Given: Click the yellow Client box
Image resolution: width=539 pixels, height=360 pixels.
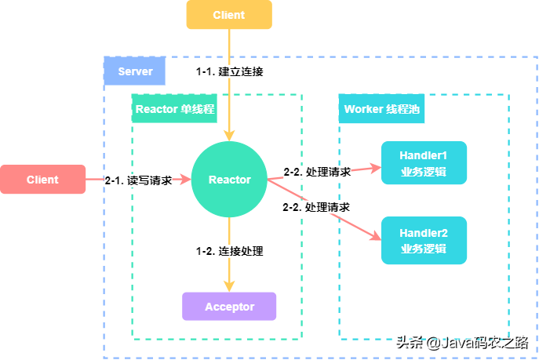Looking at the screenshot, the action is tap(229, 14).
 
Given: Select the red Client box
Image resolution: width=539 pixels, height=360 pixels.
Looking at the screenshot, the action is tap(42, 180).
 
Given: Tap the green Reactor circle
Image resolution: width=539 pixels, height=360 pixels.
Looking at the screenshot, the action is tap(229, 180).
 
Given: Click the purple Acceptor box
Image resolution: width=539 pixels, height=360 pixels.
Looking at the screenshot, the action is tap(229, 307).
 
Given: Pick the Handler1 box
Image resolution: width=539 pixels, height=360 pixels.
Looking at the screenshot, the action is tap(424, 163).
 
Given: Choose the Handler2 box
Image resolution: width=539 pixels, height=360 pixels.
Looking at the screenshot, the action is tap(424, 241).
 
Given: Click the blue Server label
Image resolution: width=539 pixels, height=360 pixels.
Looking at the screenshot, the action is tap(135, 71).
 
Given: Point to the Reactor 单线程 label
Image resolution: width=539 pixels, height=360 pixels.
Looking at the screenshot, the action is tap(175, 108).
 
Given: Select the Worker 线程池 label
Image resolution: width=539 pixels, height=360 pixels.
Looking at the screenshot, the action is tap(381, 108).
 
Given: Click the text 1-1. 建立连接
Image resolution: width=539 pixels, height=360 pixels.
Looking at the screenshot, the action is tap(230, 71).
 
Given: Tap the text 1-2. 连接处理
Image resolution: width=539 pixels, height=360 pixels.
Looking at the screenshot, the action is tap(230, 251).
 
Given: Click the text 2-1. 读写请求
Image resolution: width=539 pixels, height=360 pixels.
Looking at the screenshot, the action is tap(139, 180).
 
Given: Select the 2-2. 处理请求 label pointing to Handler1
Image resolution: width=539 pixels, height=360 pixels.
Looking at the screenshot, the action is tap(317, 172).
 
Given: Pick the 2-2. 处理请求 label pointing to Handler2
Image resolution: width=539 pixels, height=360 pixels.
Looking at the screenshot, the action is tap(316, 207).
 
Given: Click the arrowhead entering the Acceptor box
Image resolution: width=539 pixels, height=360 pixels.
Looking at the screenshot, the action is tap(229, 286).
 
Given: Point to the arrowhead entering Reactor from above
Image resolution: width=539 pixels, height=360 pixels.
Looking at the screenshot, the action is tap(229, 136).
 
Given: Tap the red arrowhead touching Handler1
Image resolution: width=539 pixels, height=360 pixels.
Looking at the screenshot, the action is tap(376, 168).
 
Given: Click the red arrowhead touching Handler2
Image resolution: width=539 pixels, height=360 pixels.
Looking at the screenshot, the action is tap(375, 236).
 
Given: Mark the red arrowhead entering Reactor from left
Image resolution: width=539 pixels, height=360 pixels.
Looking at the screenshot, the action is tap(186, 180).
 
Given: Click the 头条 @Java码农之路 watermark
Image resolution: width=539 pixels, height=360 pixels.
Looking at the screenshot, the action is tap(462, 343).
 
